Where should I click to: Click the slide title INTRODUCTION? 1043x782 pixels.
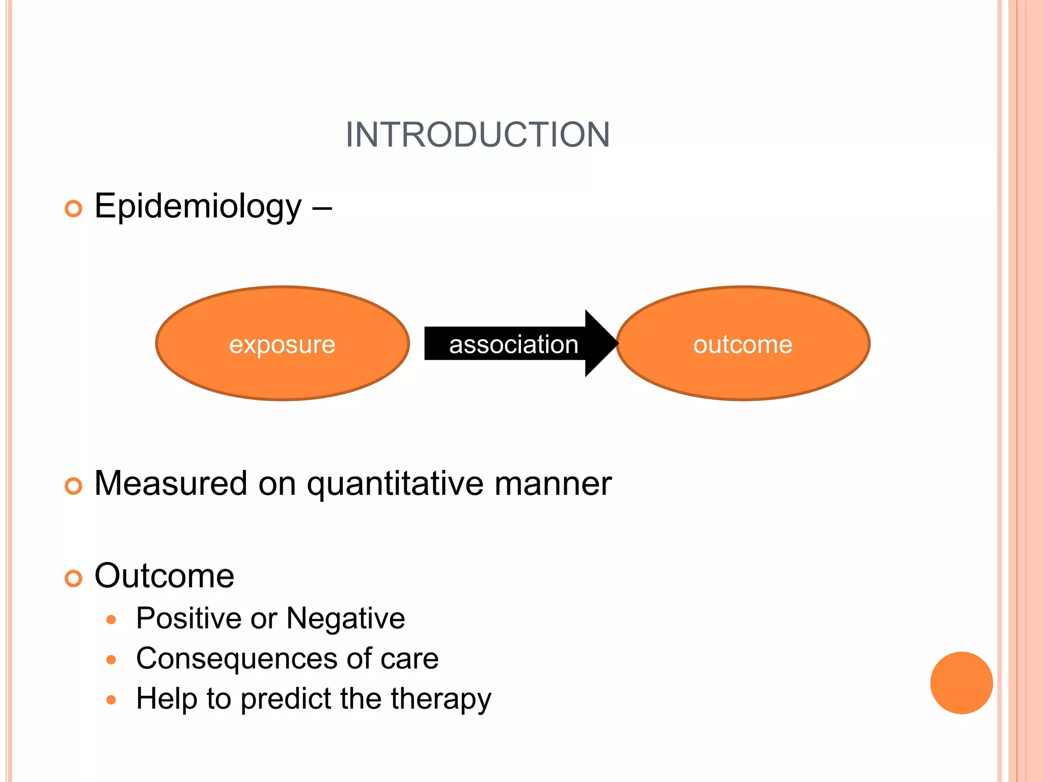[x=477, y=135]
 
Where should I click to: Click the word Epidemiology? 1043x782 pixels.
[x=198, y=207]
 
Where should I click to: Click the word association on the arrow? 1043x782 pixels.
[x=513, y=345]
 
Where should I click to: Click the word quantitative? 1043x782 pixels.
[x=395, y=484]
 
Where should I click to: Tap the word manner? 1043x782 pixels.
[x=553, y=484]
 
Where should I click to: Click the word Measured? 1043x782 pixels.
[x=171, y=484]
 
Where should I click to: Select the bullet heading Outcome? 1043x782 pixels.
[x=164, y=576]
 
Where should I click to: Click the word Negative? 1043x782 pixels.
[x=346, y=619]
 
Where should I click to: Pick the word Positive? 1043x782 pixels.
[x=189, y=619]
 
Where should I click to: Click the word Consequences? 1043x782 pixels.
[x=236, y=659]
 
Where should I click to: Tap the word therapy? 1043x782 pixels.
[x=441, y=699]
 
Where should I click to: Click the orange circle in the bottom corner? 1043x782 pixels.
[x=961, y=683]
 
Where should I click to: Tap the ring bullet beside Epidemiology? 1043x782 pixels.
[x=73, y=209]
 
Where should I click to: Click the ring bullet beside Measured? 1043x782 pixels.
[x=73, y=486]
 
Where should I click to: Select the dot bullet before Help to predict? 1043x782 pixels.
[x=111, y=700]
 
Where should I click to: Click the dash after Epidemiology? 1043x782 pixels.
[x=322, y=208]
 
